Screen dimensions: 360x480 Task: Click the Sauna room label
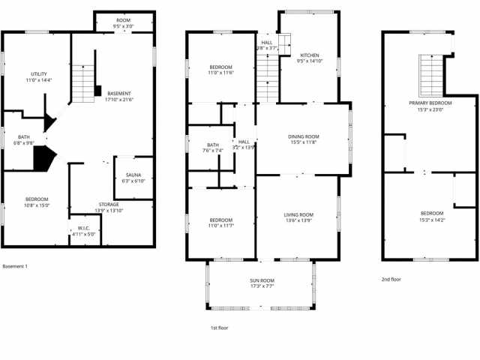point(134,175)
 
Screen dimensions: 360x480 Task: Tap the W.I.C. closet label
point(84,228)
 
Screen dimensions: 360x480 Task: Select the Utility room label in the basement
point(39,73)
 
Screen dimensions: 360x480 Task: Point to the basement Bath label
point(24,136)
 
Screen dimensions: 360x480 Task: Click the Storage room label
point(109,204)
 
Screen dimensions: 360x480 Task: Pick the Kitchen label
point(310,55)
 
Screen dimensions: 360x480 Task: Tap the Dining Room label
point(303,136)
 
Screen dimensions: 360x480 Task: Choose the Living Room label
point(298,214)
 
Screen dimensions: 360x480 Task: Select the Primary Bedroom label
point(430,103)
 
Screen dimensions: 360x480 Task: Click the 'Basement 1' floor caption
point(15,266)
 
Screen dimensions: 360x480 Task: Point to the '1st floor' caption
point(220,328)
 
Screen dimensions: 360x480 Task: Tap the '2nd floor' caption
point(391,279)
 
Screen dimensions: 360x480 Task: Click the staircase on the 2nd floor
point(430,71)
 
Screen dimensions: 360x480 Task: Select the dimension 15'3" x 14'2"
point(431,220)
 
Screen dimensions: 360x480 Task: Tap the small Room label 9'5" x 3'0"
point(124,26)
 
